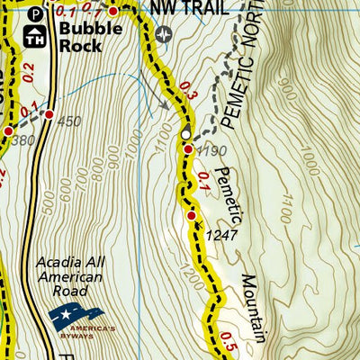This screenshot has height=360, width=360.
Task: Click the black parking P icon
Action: click(x=34, y=14)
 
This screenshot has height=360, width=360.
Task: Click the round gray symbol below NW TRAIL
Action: click(x=163, y=34)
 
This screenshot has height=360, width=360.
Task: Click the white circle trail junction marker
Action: click(x=185, y=135)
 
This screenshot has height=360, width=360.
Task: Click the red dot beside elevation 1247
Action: click(x=192, y=216)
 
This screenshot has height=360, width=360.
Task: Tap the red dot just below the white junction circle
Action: click(x=188, y=149)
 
